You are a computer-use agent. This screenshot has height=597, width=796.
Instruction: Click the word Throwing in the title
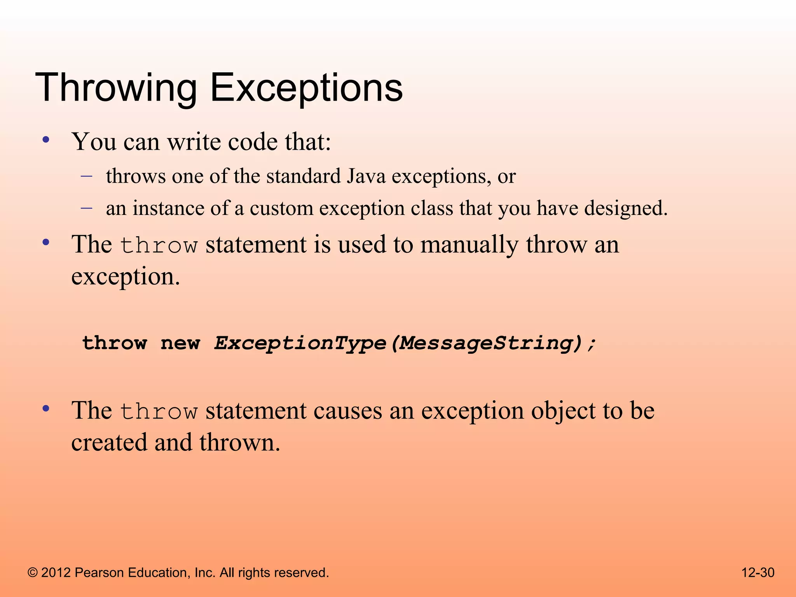tap(116, 89)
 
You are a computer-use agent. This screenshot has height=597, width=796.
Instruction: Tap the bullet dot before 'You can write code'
tap(46, 140)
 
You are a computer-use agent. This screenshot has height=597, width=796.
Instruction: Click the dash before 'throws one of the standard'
tap(87, 176)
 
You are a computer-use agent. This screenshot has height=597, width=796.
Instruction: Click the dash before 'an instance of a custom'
tap(87, 208)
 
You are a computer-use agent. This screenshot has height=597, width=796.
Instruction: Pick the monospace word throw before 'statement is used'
tap(159, 246)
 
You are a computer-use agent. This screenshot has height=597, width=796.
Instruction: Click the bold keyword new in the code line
tap(180, 343)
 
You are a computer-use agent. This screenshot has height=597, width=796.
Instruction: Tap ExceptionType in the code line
tap(300, 343)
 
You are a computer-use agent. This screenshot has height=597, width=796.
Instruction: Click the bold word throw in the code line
tap(115, 343)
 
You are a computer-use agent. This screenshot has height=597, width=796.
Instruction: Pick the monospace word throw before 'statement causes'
tap(159, 412)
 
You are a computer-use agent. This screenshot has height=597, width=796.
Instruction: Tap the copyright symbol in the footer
tap(33, 573)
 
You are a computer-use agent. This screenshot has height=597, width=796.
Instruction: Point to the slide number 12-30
tap(758, 573)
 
